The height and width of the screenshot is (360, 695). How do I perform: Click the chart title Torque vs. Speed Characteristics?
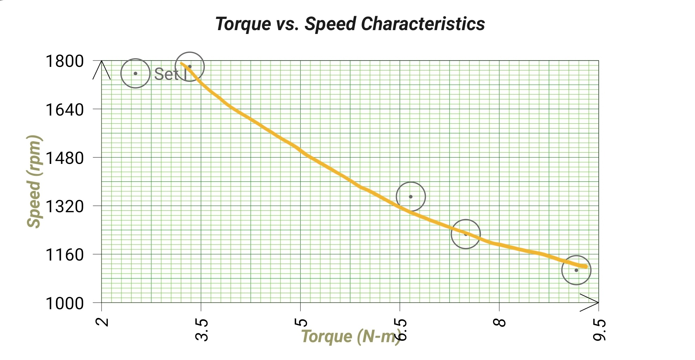click(x=350, y=24)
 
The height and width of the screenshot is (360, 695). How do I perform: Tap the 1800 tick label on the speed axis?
click(x=65, y=61)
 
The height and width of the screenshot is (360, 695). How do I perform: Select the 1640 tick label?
click(x=65, y=110)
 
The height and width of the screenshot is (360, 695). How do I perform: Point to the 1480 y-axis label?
click(x=65, y=158)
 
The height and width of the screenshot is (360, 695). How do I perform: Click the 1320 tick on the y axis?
click(x=65, y=206)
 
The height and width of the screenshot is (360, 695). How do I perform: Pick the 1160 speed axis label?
click(x=65, y=255)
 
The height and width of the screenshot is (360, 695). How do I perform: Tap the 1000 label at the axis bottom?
click(x=65, y=303)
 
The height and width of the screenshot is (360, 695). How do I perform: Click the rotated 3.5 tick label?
click(x=202, y=330)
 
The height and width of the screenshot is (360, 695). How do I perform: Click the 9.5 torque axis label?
click(x=599, y=330)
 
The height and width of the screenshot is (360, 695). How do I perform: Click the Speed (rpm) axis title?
click(x=34, y=182)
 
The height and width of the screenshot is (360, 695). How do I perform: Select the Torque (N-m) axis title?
click(x=350, y=337)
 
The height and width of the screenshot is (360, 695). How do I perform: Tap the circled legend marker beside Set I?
click(x=135, y=73)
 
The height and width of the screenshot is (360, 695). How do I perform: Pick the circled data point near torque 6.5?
click(x=411, y=196)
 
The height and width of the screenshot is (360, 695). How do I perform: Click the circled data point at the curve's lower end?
click(x=576, y=270)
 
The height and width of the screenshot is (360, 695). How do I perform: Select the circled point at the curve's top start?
click(x=189, y=67)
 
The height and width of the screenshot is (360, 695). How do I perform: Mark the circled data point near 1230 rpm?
click(x=465, y=234)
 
